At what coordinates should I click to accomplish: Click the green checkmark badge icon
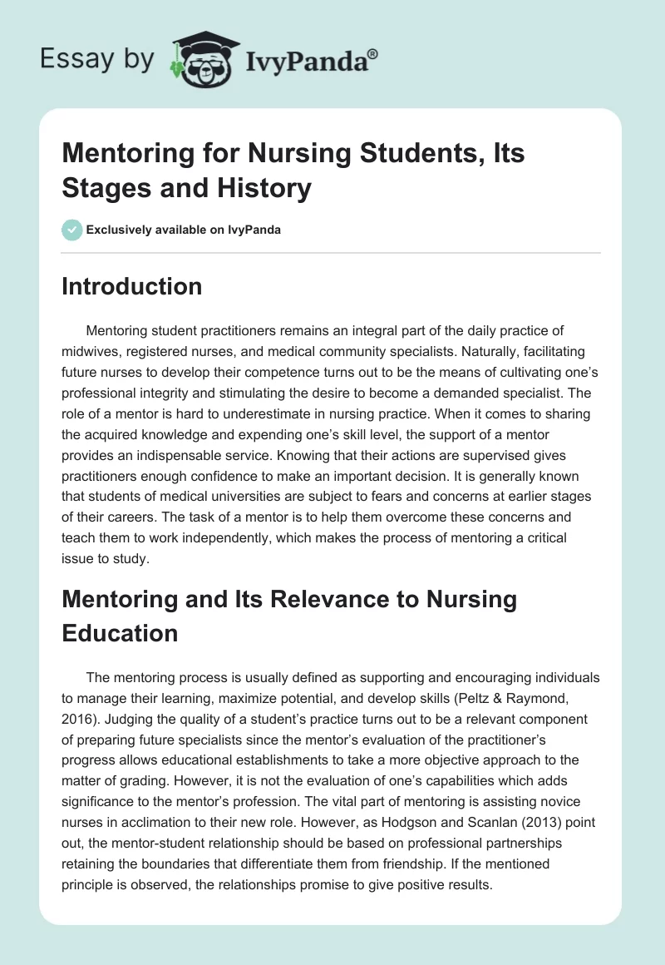[x=72, y=230]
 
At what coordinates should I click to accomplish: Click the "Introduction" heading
[x=132, y=286]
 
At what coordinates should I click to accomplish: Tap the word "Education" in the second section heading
[x=120, y=633]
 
